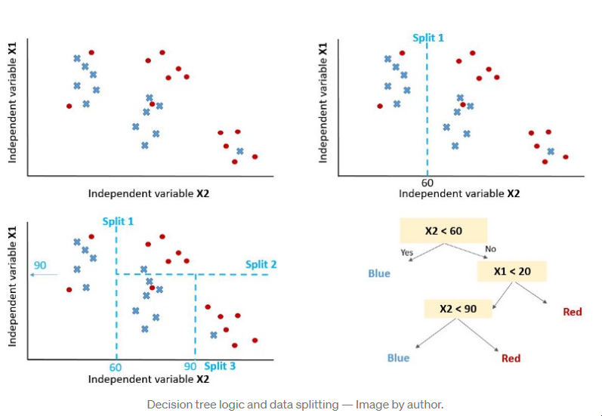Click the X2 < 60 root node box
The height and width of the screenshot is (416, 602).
(443, 231)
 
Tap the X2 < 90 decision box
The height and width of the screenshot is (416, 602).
(457, 308)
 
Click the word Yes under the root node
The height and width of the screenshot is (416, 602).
(406, 251)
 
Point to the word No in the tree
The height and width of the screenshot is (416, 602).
(491, 249)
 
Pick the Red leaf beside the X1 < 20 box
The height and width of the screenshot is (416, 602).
(573, 311)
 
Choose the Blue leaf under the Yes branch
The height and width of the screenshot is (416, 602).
(379, 273)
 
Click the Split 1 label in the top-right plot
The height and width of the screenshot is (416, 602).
(428, 38)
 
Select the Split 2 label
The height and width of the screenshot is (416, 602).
(261, 264)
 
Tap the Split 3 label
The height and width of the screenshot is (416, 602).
(220, 366)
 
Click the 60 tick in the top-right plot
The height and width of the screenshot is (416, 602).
(428, 183)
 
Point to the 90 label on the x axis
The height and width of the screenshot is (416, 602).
(191, 367)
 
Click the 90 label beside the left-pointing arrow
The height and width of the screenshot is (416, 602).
(40, 265)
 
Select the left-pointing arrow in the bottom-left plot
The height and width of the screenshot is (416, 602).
(45, 276)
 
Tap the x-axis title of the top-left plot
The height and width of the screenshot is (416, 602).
(149, 193)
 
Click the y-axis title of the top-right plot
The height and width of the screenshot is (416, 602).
(323, 102)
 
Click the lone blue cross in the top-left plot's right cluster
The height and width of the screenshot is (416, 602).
(240, 151)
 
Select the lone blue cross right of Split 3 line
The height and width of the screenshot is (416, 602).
(214, 335)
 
